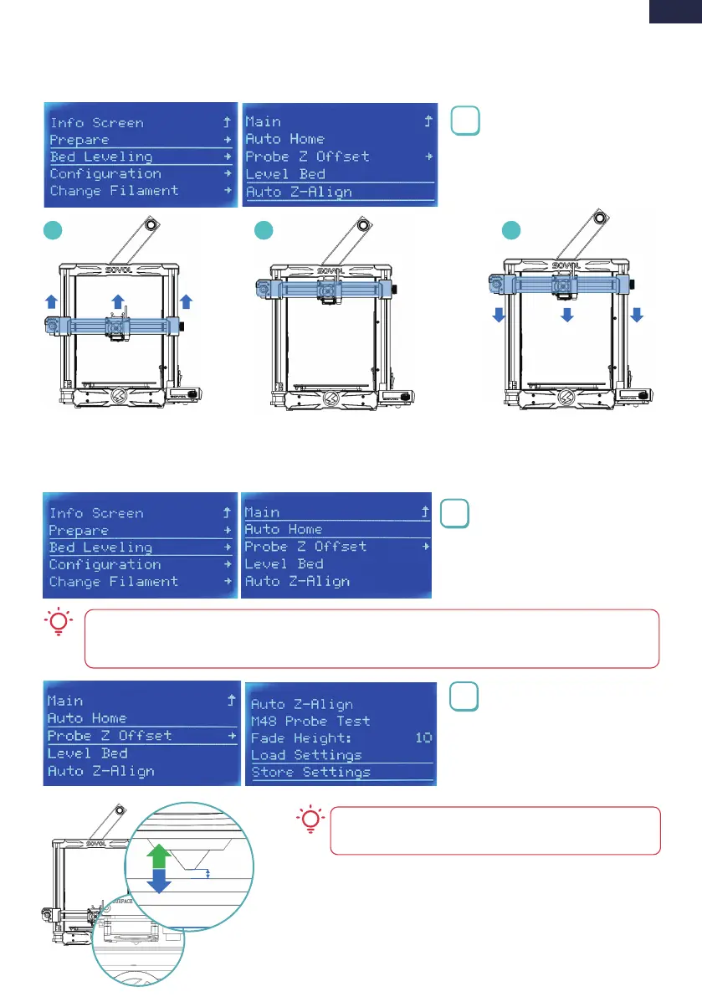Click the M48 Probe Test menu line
[x=310, y=721]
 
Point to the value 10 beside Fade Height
[x=423, y=737]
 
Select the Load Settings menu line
[x=306, y=755]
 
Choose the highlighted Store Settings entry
[x=311, y=772]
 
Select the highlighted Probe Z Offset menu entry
[x=110, y=735]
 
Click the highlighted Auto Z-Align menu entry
[x=299, y=192]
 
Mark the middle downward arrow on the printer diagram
[x=567, y=315]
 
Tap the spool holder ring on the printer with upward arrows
[x=151, y=226]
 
